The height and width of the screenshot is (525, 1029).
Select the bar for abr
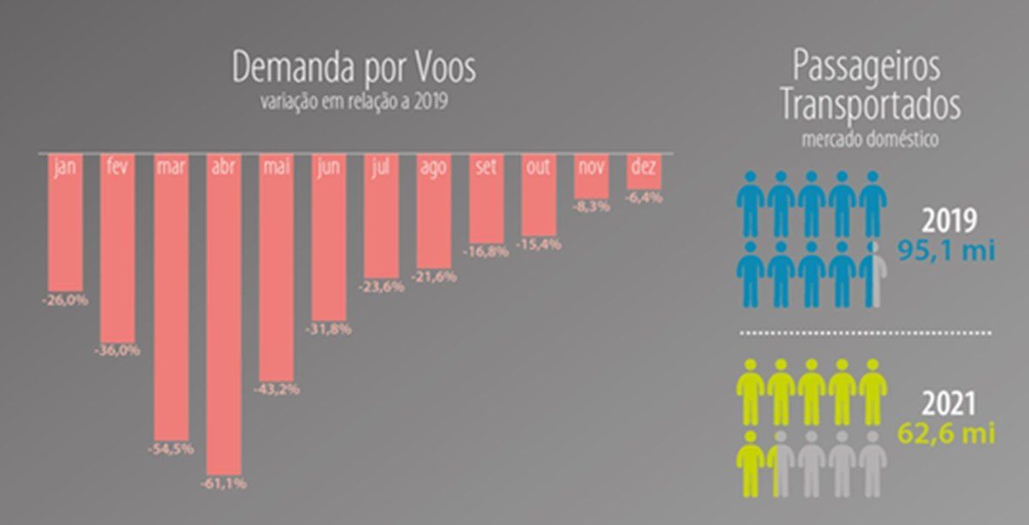coord(224,326)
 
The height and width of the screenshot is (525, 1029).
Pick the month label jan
coord(65,167)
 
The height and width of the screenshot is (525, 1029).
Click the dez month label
coord(644,166)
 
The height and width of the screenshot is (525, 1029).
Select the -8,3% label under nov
coord(592,207)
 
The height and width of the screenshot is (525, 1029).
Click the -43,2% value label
coord(277,389)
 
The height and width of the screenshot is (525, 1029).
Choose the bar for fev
coord(117,257)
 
